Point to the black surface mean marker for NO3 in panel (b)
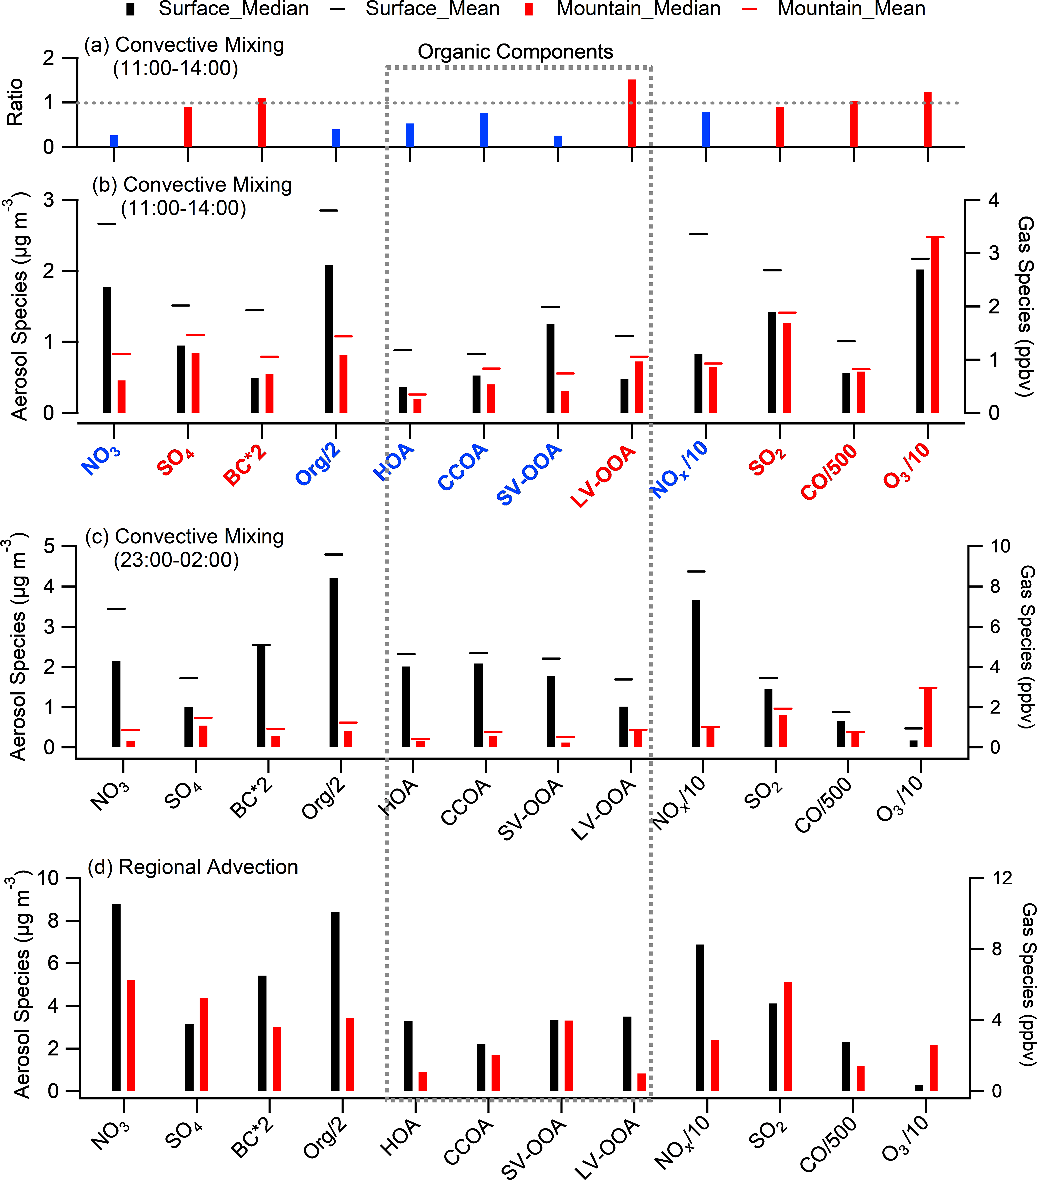coord(107,223)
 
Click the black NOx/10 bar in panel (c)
coord(696,674)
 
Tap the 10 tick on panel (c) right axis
coord(1000,546)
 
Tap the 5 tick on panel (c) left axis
coord(50,546)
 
